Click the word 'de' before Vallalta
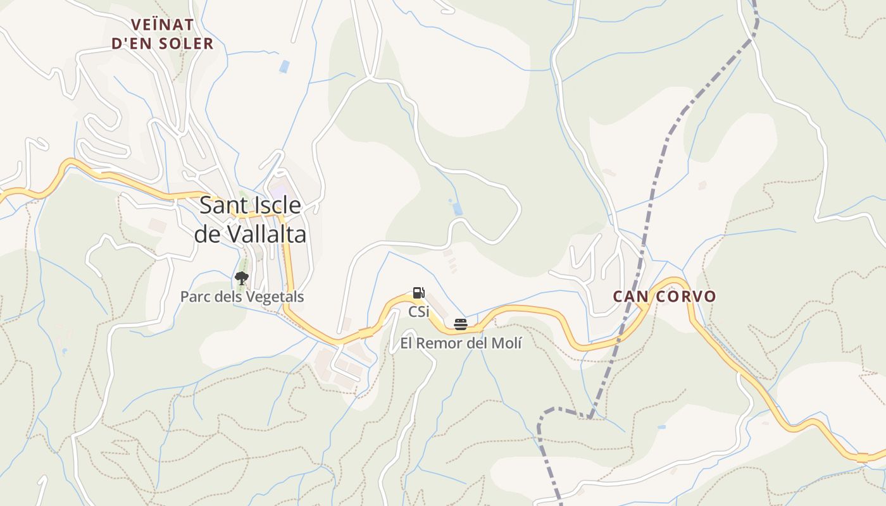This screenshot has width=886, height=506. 208,234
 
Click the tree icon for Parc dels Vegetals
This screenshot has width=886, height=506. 241,278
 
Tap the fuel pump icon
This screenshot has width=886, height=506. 418,293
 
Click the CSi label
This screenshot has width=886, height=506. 418,311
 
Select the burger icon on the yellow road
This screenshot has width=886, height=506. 461,325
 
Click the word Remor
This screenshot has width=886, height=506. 441,343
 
